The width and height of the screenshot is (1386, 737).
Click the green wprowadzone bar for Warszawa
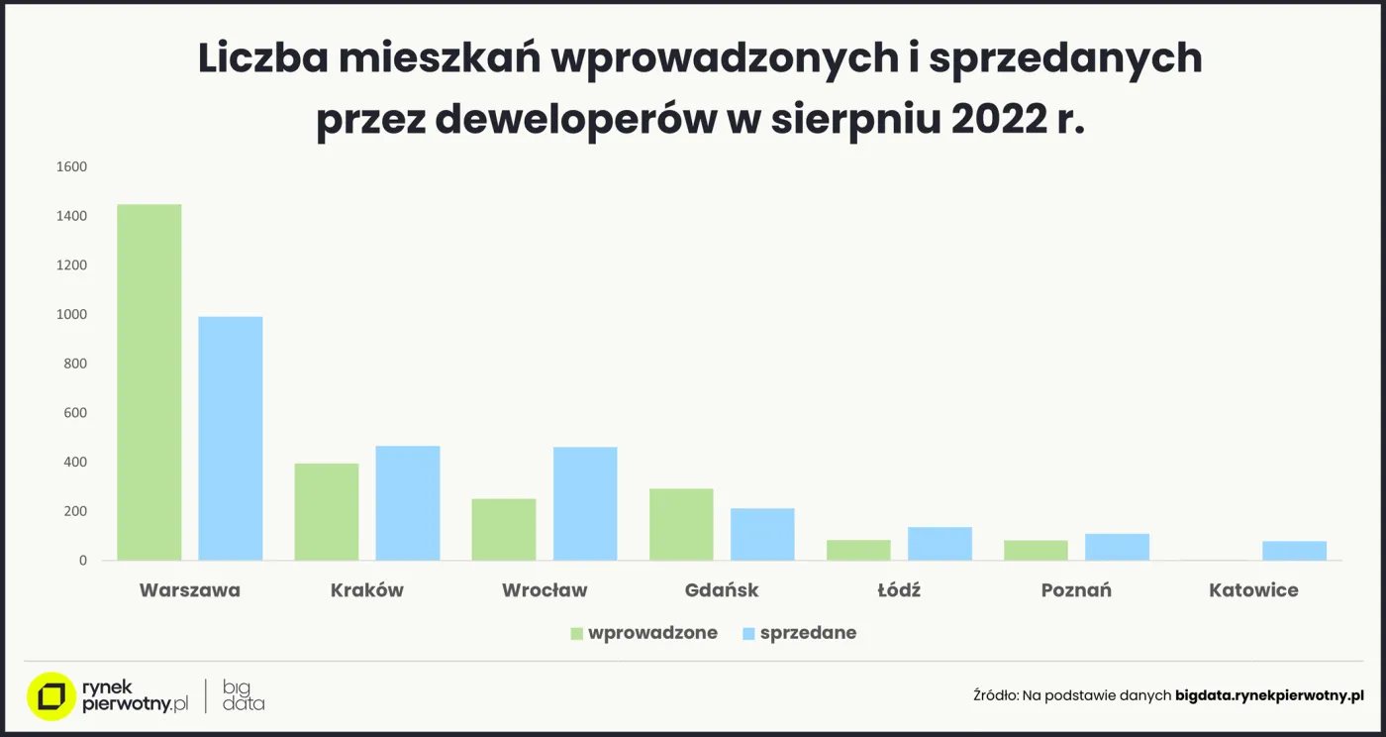click(x=148, y=382)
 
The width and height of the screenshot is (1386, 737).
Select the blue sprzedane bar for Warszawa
click(x=230, y=439)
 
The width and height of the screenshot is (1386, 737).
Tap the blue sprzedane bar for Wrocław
click(x=584, y=503)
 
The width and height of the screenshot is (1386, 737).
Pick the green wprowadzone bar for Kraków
click(x=326, y=512)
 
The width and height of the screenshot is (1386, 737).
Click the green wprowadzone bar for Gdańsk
click(x=681, y=524)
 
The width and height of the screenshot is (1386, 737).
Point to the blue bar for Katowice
click(x=1294, y=551)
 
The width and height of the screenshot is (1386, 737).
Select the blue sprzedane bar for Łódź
click(x=940, y=544)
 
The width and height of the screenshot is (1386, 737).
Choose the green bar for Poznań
click(x=1036, y=551)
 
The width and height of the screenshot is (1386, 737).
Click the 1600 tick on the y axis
click(x=71, y=167)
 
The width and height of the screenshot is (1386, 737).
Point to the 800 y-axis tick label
click(x=75, y=364)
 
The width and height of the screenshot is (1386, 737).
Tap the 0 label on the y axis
click(x=82, y=561)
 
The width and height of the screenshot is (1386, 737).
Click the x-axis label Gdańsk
click(x=722, y=590)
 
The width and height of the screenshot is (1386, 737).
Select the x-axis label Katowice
click(x=1253, y=590)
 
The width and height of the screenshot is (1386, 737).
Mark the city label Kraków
click(x=366, y=590)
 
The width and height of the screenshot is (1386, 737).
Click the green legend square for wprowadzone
click(x=576, y=634)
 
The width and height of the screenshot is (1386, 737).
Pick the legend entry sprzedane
click(x=808, y=633)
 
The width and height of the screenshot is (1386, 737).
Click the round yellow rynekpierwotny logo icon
click(x=51, y=696)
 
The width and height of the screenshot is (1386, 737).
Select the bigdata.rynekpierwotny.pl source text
click(x=1269, y=696)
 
